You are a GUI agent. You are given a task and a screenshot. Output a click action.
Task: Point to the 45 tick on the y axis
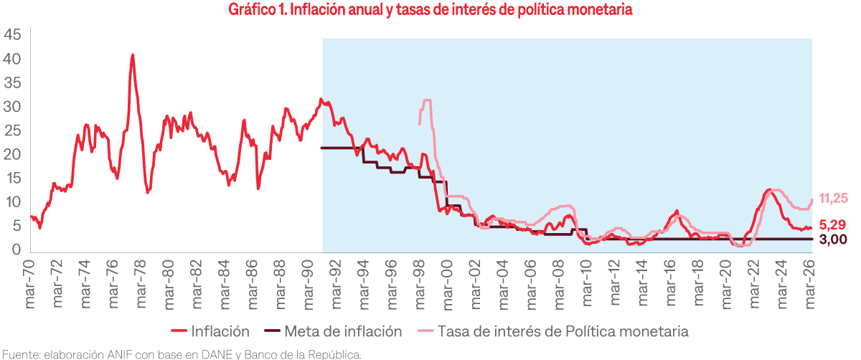pos(12,34)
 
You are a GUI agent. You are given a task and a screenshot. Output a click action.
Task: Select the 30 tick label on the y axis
pos(12,107)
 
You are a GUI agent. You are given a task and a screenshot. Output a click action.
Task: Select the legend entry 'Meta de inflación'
pos(343,331)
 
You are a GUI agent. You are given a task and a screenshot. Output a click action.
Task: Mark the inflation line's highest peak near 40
pos(133,55)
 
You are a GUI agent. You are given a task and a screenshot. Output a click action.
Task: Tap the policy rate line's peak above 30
pos(428,100)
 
